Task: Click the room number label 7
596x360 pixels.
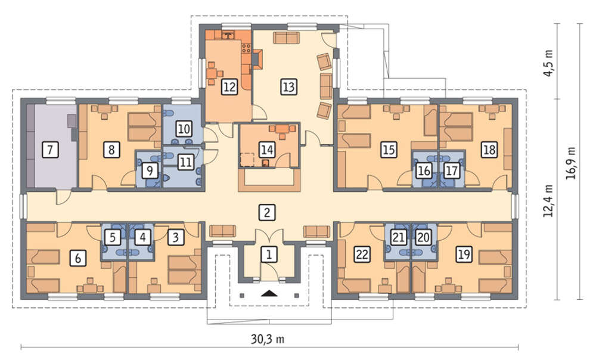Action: tap(51, 150)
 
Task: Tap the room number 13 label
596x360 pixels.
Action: tap(288, 86)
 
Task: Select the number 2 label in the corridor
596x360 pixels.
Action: tap(266, 213)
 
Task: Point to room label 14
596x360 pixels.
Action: tap(267, 150)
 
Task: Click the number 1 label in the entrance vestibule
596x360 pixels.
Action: tap(269, 254)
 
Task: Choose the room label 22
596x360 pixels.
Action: tap(362, 254)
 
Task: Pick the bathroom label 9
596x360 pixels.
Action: tap(150, 170)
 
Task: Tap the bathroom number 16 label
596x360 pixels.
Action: tap(424, 170)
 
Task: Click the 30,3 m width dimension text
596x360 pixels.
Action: tap(268, 339)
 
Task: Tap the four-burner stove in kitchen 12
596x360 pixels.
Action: tap(246, 48)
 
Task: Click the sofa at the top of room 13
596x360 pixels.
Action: tap(286, 38)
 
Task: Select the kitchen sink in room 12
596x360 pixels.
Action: tap(228, 35)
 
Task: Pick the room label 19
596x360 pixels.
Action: tap(464, 254)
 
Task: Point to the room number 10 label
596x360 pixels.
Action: tap(184, 129)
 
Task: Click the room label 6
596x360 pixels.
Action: tap(78, 258)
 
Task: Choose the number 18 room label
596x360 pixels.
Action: tap(489, 150)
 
